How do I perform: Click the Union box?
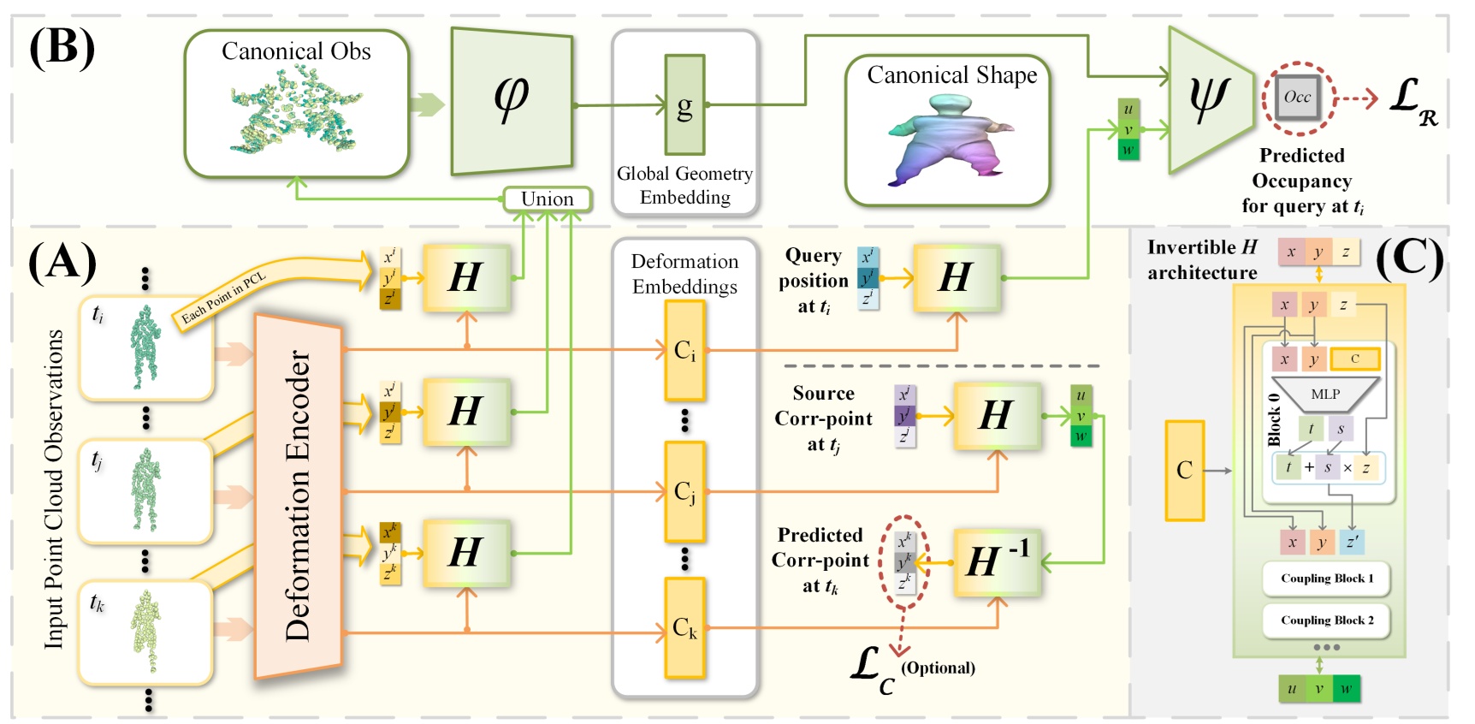(548, 199)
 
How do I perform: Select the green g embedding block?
(684, 104)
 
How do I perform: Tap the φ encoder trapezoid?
(512, 101)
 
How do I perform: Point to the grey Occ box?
(1297, 98)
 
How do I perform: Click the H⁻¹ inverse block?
(997, 561)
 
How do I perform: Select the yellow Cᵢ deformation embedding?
(684, 351)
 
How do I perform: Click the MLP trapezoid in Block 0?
(1324, 395)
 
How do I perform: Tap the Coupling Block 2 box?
(1326, 620)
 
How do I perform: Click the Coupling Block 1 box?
(1326, 579)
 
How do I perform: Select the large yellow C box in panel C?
(1184, 470)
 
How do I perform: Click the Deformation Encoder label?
(298, 496)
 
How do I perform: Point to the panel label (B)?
(62, 47)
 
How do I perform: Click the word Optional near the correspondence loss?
(938, 668)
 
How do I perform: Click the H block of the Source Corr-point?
(997, 416)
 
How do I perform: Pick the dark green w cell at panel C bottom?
(1346, 689)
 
